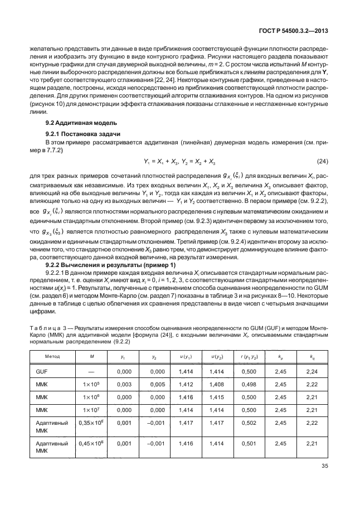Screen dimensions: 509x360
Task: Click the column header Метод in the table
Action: tap(57, 340)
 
